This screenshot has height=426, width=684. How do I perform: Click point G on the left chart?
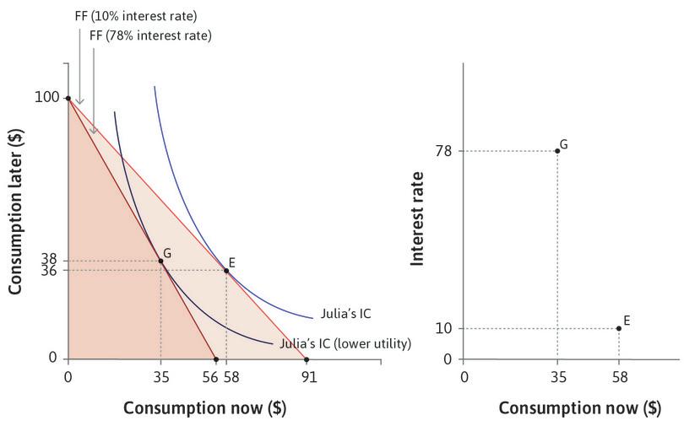pyautogui.click(x=160, y=261)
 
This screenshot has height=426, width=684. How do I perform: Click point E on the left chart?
pyautogui.click(x=226, y=271)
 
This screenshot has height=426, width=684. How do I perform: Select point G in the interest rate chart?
pyautogui.click(x=557, y=151)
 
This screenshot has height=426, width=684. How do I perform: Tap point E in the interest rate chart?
pyautogui.click(x=618, y=328)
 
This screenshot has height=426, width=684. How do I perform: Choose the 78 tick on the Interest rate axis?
pyautogui.click(x=444, y=151)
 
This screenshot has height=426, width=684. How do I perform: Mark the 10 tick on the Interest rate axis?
pyautogui.click(x=444, y=328)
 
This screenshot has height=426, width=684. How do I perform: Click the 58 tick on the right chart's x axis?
pyautogui.click(x=618, y=376)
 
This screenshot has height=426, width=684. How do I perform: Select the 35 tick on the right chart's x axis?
pyautogui.click(x=557, y=376)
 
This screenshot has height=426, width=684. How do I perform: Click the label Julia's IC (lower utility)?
pyautogui.click(x=345, y=343)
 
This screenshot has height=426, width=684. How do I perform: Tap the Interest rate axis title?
pyautogui.click(x=417, y=218)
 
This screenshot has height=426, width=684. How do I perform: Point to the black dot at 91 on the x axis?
pyautogui.click(x=307, y=359)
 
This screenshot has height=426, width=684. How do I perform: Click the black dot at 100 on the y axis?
pyautogui.click(x=68, y=98)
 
